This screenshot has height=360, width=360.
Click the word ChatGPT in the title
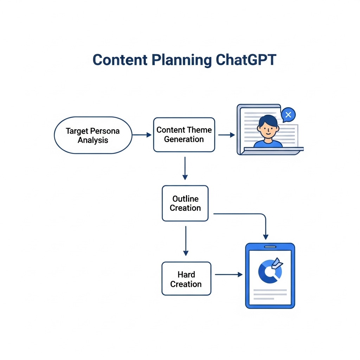tap(246, 60)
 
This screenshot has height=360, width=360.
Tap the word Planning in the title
tap(182, 60)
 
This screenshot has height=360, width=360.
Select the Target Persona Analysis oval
tap(93, 135)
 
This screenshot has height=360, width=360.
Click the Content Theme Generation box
tap(184, 135)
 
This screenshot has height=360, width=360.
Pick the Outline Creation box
tap(185, 204)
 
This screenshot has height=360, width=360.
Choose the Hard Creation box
tap(186, 279)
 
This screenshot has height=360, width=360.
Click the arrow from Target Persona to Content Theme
tap(142, 135)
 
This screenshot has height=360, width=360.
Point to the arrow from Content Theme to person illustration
tap(226, 135)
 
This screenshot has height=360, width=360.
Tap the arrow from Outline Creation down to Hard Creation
tap(186, 241)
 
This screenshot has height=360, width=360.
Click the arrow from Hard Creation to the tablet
tap(229, 275)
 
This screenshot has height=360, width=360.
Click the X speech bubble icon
tap(288, 115)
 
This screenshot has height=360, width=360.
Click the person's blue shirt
tap(268, 144)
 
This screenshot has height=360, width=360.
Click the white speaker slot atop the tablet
tap(270, 247)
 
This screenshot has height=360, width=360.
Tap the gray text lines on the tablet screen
tap(269, 294)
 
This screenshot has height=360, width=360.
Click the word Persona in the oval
tap(105, 131)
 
